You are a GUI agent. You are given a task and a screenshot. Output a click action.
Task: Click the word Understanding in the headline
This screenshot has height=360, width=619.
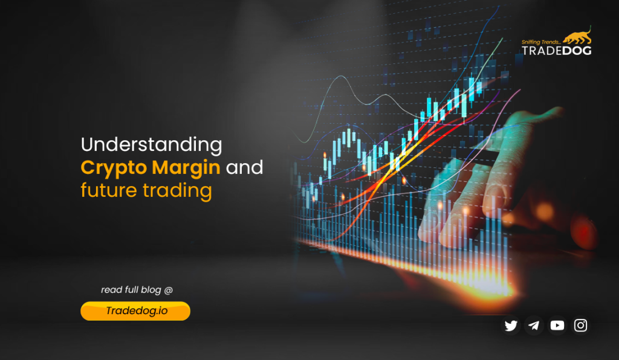click(151, 145)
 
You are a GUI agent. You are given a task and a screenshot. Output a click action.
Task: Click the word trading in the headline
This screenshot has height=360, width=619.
click(177, 190)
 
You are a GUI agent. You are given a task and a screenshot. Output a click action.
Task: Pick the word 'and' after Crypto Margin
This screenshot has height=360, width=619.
click(245, 167)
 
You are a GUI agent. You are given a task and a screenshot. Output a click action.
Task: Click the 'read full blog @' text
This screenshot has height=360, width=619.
click(137, 290)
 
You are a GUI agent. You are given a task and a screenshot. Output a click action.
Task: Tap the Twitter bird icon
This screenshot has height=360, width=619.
click(511, 326)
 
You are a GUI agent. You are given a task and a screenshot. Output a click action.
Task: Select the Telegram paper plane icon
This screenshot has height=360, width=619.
click(534, 326)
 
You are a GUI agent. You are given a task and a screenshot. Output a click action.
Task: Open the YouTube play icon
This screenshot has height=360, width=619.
click(557, 326)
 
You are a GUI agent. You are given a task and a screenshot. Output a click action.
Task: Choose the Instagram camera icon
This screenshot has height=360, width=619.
click(581, 326)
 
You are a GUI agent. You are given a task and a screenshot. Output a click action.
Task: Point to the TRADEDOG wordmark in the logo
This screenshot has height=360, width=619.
click(557, 51)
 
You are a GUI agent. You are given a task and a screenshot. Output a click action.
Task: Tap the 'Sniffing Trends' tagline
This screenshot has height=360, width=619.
click(540, 42)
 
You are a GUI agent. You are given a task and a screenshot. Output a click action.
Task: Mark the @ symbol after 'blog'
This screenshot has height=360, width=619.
click(168, 290)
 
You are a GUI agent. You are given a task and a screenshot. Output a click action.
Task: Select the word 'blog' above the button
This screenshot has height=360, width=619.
click(151, 290)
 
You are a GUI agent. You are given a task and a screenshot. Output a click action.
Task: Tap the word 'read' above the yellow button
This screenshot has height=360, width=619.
click(111, 290)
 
